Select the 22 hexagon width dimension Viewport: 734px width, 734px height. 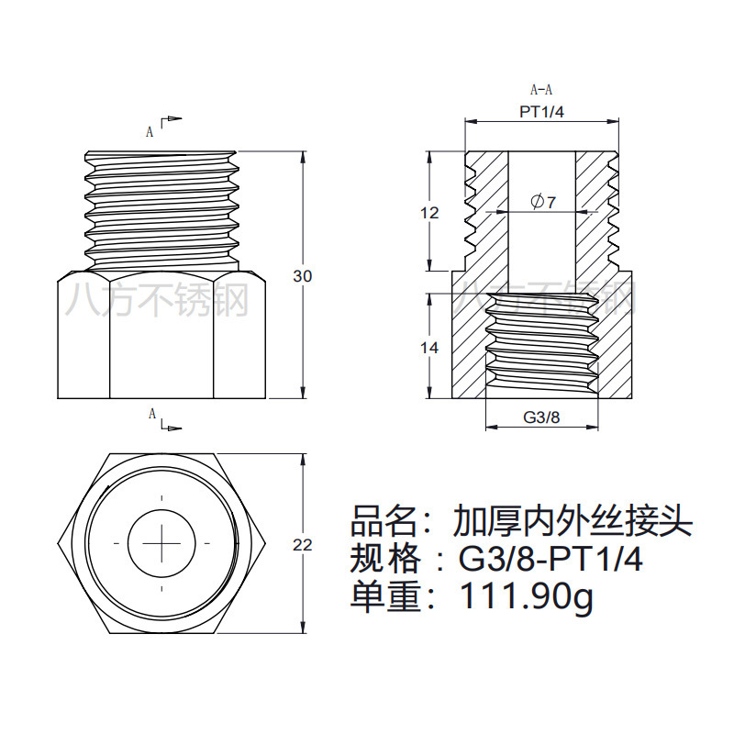tap(303, 544)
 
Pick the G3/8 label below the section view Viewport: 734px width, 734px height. tap(541, 417)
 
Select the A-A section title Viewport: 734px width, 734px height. tap(541, 90)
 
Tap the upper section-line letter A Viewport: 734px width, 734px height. tap(150, 131)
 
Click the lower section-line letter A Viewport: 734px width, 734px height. tap(152, 414)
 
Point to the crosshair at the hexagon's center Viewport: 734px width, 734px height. tap(161, 543)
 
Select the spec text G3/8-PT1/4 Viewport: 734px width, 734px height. tap(550, 559)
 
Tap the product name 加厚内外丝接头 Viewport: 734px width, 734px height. tap(572, 522)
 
